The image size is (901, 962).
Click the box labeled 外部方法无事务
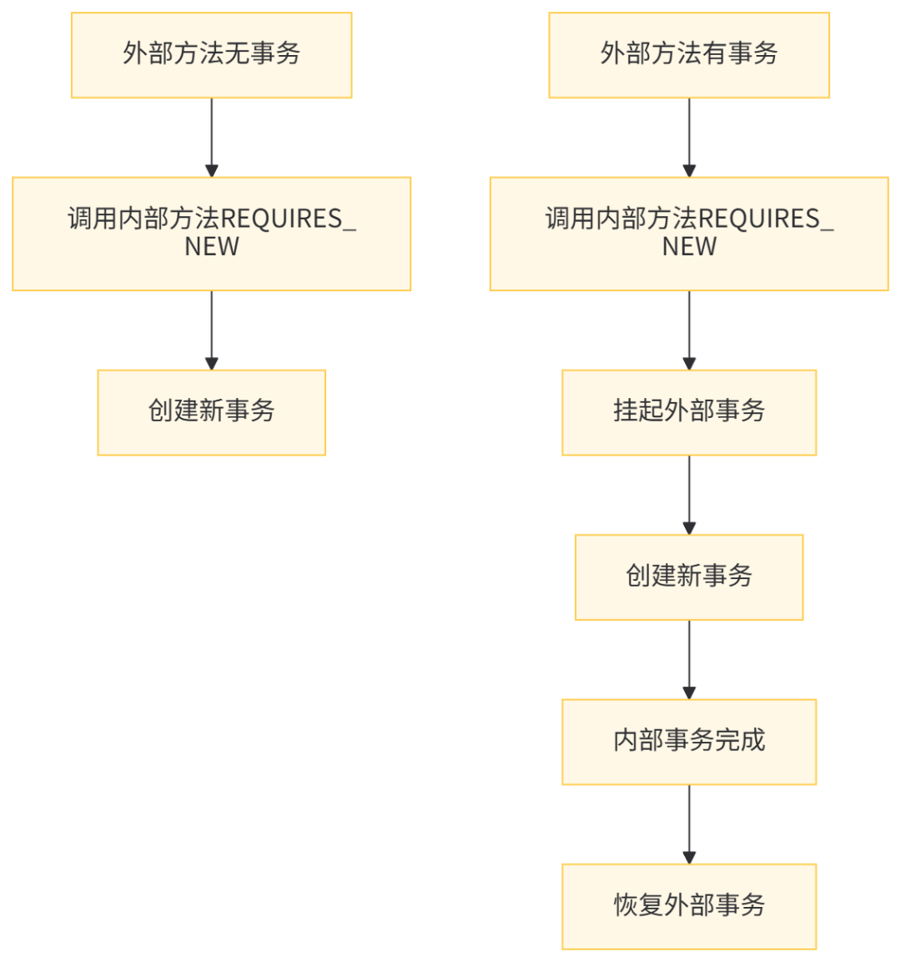(212, 55)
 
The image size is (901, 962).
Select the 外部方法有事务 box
(689, 55)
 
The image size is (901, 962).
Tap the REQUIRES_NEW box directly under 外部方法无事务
(212, 234)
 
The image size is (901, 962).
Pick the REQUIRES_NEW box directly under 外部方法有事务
(689, 234)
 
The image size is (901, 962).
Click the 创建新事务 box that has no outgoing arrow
(212, 412)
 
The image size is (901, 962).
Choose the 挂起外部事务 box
(689, 412)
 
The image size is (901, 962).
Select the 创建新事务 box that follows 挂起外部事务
(689, 577)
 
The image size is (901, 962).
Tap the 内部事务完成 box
(689, 741)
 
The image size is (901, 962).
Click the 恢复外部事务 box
(689, 906)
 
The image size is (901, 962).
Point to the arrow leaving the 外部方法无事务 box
(212, 137)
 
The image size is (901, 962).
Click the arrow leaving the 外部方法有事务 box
(689, 137)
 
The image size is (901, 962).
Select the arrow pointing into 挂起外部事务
(689, 330)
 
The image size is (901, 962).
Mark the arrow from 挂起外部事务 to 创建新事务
(689, 494)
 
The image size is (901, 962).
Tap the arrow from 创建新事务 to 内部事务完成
(689, 659)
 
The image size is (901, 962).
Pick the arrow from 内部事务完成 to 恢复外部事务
(689, 823)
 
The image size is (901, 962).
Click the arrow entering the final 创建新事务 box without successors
(212, 330)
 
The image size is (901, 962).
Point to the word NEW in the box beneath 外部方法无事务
(212, 248)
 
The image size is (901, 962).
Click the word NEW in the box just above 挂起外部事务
(689, 248)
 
